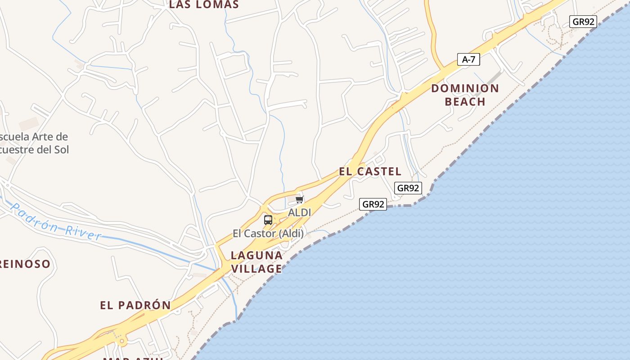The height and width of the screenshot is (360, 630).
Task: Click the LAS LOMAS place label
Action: coord(204,4)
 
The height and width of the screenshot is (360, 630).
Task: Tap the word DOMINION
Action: coord(465,88)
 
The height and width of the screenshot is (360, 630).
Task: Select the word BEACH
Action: coord(465,102)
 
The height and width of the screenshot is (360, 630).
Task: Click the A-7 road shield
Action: coord(468,59)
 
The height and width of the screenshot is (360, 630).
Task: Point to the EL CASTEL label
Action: coord(370,171)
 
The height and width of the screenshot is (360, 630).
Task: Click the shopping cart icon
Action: coord(300,199)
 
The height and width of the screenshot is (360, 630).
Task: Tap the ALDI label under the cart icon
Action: coord(300,212)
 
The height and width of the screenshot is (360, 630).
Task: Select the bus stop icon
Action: coord(268,220)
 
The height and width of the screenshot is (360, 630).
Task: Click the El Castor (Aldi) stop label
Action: coord(268,234)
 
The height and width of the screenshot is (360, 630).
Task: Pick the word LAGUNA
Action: coord(256,256)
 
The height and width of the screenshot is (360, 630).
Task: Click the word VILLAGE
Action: coord(256,269)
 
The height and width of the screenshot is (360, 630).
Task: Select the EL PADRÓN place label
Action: coord(135,305)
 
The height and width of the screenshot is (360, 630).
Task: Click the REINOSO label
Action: coord(25,264)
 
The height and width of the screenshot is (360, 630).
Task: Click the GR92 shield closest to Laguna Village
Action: coord(373,204)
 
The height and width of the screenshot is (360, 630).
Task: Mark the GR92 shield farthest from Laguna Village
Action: coord(583,22)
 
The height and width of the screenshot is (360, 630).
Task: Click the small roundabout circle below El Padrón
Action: coord(121,342)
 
